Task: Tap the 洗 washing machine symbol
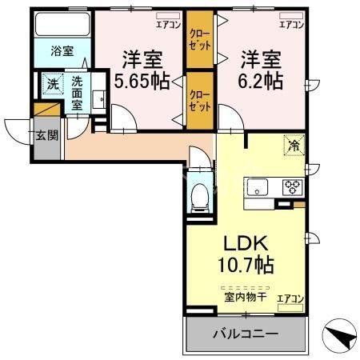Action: (52, 83)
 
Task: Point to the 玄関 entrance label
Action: (46, 134)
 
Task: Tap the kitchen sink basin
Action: (257, 188)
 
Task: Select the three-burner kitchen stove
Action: (291, 189)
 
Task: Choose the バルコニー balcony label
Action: (246, 334)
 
